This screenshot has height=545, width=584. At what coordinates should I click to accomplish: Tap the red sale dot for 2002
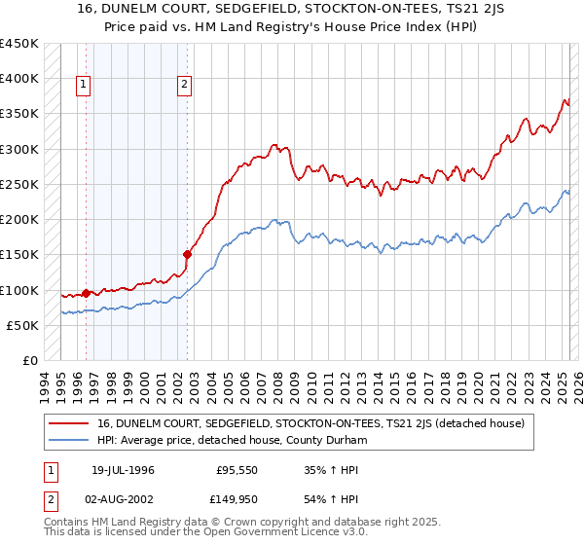(x=186, y=254)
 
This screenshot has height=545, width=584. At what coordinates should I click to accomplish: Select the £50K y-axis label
(x=22, y=325)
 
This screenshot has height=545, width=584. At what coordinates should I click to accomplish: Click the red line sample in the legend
(x=68, y=423)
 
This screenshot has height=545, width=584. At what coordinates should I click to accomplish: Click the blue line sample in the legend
(x=68, y=439)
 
